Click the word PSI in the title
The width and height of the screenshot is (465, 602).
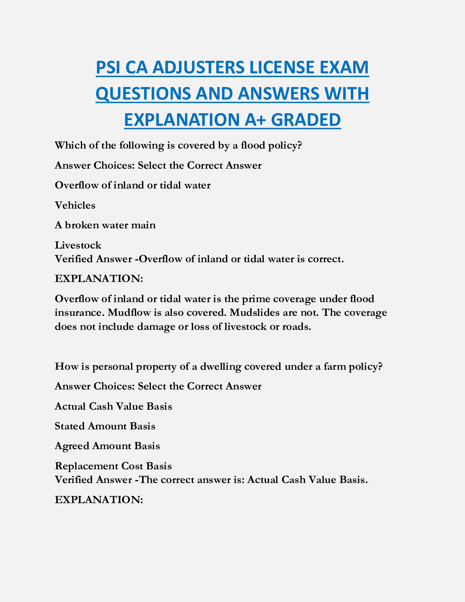pos(108,68)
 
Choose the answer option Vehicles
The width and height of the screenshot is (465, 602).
pos(75,205)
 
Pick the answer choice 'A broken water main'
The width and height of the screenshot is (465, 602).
pos(105,225)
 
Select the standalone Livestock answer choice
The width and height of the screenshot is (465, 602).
pos(78,245)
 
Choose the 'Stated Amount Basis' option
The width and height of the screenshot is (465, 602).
pos(105,426)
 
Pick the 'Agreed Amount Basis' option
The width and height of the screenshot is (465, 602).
pos(108,446)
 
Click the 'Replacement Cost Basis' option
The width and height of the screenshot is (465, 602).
pos(113,466)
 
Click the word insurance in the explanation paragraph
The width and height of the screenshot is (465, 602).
pos(79,312)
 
